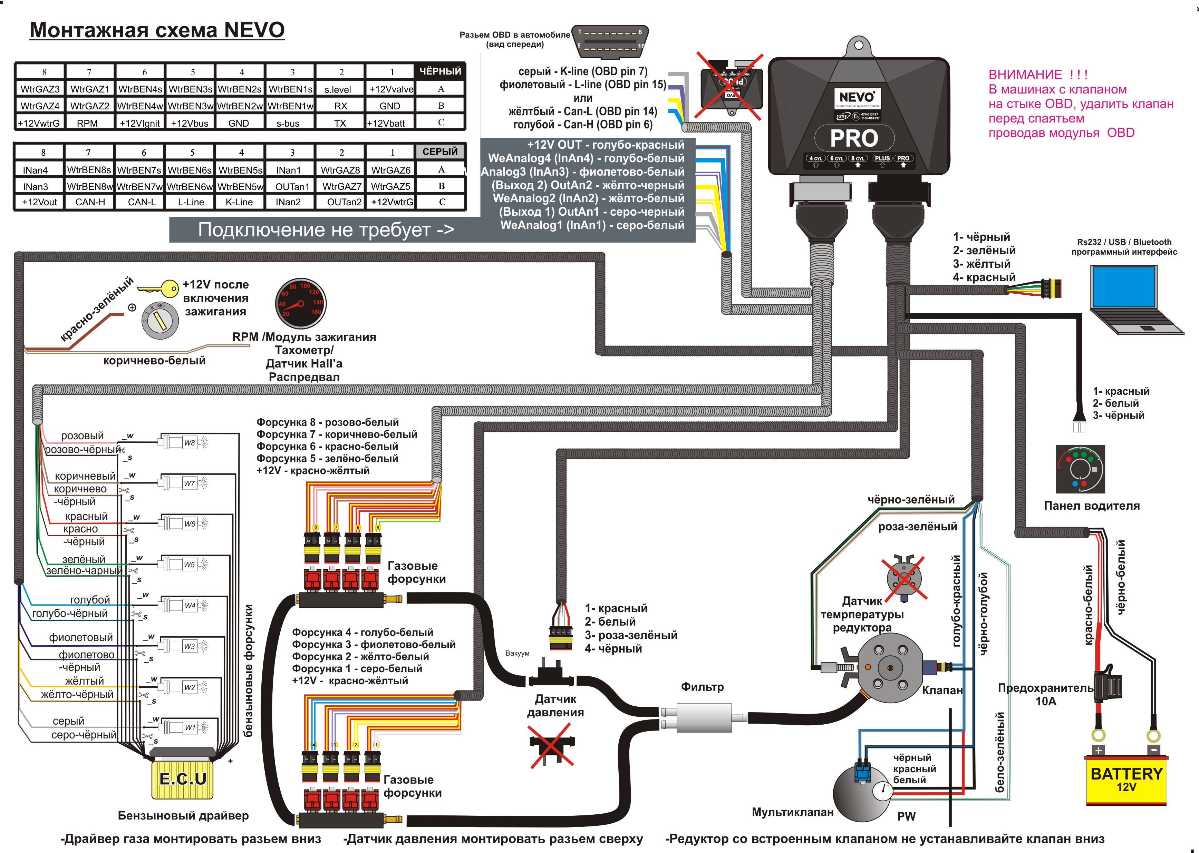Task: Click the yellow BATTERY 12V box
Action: coord(1125,779)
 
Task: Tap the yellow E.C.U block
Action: coord(182,778)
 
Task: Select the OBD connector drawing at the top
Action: coord(609,40)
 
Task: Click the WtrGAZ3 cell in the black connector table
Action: coord(40,89)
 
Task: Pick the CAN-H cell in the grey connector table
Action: coord(90,202)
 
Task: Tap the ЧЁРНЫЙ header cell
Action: coord(440,71)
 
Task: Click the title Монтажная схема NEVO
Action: coord(157,30)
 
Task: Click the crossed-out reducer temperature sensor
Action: coord(904,578)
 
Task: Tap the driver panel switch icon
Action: coord(1080,469)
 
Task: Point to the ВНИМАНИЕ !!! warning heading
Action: coord(1038,75)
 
